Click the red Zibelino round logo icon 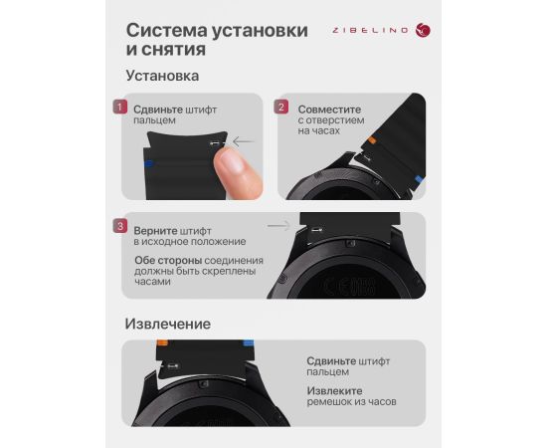click(x=423, y=30)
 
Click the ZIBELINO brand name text click(x=370, y=31)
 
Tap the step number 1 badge click(x=120, y=107)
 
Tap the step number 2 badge click(x=281, y=107)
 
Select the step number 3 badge click(x=120, y=226)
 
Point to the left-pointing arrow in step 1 click(x=244, y=141)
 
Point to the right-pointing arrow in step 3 click(x=278, y=226)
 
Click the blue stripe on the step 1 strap click(x=148, y=163)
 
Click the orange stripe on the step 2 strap click(x=372, y=140)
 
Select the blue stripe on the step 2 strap click(x=419, y=180)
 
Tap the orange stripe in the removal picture click(x=162, y=342)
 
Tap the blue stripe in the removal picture click(x=249, y=342)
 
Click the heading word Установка click(x=162, y=76)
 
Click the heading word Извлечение click(x=168, y=324)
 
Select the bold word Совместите click(x=329, y=110)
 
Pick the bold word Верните click(x=156, y=231)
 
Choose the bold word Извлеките click(x=334, y=390)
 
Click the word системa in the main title click(x=166, y=30)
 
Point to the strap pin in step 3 click(x=316, y=230)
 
